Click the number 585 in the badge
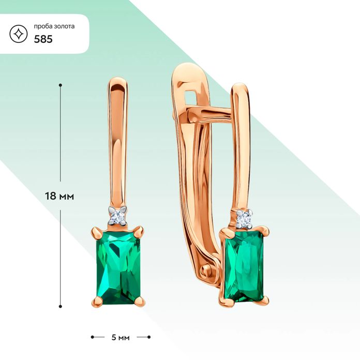click(43, 39)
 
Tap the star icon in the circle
click(19, 34)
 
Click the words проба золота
click(54, 26)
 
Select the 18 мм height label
click(59, 197)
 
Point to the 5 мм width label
click(121, 337)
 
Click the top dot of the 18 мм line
click(61, 85)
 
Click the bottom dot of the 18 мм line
click(61, 306)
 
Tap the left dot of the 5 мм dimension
click(92, 337)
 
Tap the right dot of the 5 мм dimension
click(149, 337)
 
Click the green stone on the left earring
click(118, 268)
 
